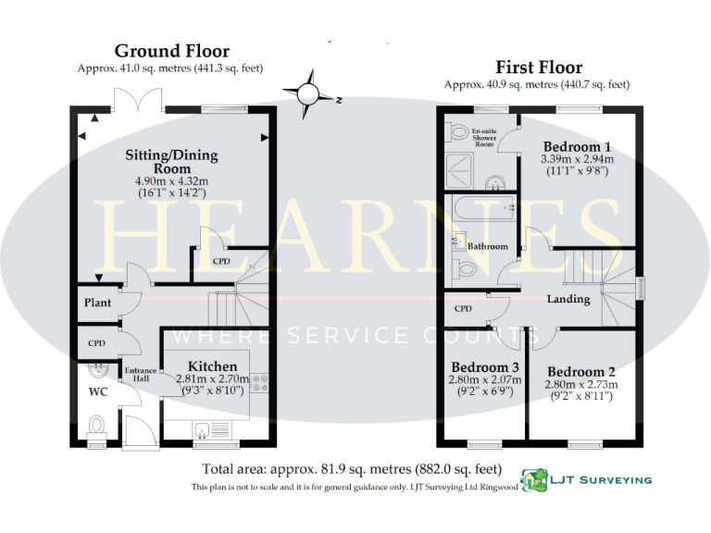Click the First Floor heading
[539, 67]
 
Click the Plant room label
[98, 304]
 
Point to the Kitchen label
[212, 366]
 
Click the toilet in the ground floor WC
[97, 426]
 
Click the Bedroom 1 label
[576, 147]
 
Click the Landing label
[568, 299]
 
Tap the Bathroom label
[487, 247]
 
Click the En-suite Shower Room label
[484, 139]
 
